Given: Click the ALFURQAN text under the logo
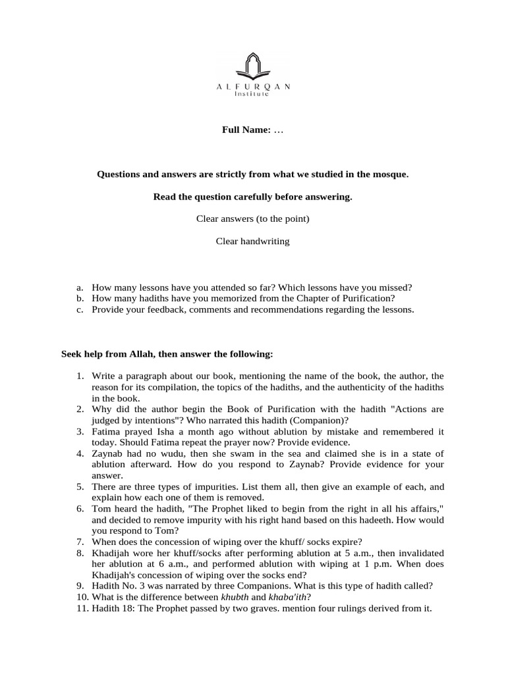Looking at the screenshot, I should click(x=253, y=86).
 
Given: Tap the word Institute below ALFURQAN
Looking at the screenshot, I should click(x=253, y=94).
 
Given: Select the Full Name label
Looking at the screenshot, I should click(x=246, y=130).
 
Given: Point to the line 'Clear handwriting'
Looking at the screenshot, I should click(x=253, y=242).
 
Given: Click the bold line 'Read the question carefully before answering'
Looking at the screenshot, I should click(x=253, y=197).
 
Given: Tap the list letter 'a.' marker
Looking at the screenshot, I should click(x=79, y=288).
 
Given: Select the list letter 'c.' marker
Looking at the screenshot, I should click(x=79, y=310).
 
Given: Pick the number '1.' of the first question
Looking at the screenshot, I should click(x=79, y=376).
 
